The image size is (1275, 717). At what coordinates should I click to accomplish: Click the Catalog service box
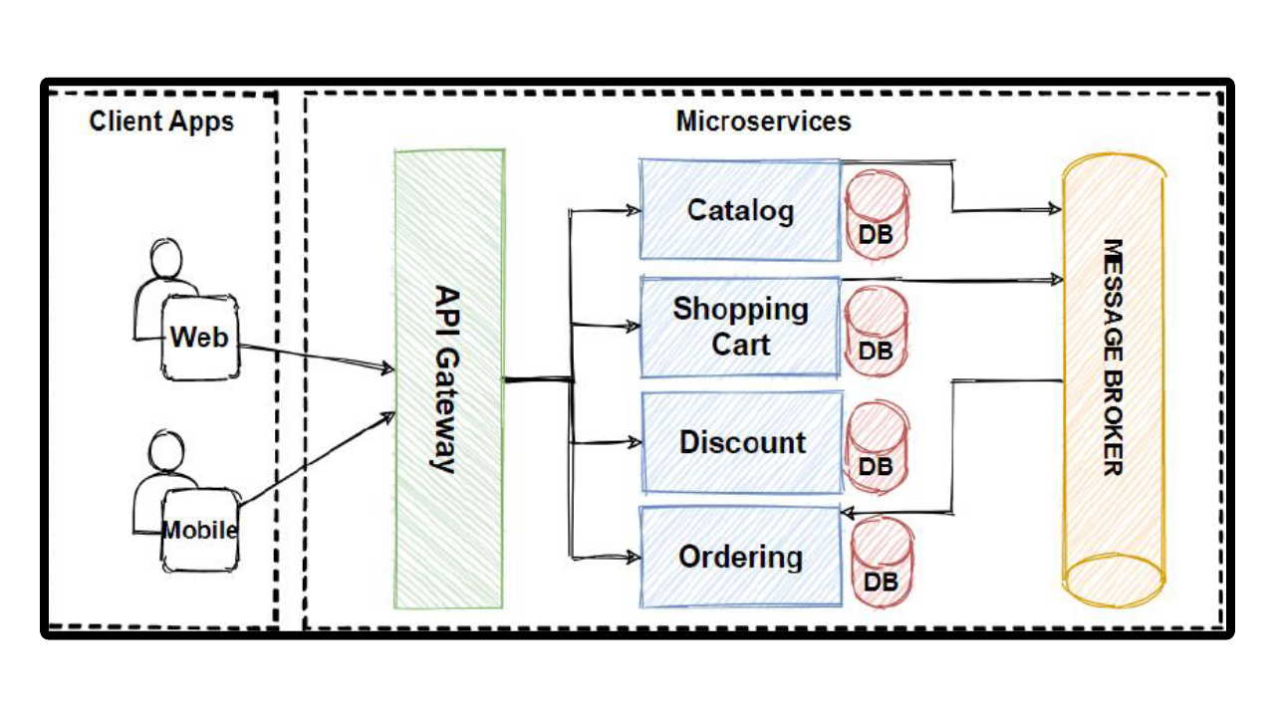[739, 210]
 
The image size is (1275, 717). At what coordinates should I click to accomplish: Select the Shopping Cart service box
[739, 327]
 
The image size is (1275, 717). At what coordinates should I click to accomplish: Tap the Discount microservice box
[742, 442]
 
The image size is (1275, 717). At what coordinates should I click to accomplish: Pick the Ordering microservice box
[740, 557]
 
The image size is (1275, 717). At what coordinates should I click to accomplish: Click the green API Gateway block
[448, 378]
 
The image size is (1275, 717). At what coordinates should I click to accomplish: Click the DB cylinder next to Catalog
[877, 215]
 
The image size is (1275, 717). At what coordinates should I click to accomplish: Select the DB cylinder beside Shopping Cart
[876, 332]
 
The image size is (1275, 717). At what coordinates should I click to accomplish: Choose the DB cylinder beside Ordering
[882, 562]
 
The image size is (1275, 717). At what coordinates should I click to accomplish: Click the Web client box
[200, 338]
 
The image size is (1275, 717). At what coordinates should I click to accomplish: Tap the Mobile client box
[200, 530]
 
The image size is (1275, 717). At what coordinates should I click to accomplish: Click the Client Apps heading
[161, 121]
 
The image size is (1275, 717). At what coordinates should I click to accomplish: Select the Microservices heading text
[763, 121]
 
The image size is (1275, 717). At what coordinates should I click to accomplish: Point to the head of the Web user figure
[166, 259]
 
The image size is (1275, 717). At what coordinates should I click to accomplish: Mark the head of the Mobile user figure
[166, 452]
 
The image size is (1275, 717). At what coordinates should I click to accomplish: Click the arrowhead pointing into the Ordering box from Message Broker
[848, 513]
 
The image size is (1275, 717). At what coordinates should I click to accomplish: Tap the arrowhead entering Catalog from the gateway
[633, 210]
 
